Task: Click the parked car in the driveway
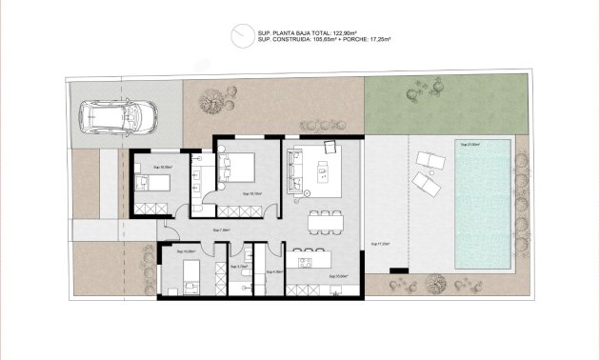click(121, 117)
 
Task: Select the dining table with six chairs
click(326, 220)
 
